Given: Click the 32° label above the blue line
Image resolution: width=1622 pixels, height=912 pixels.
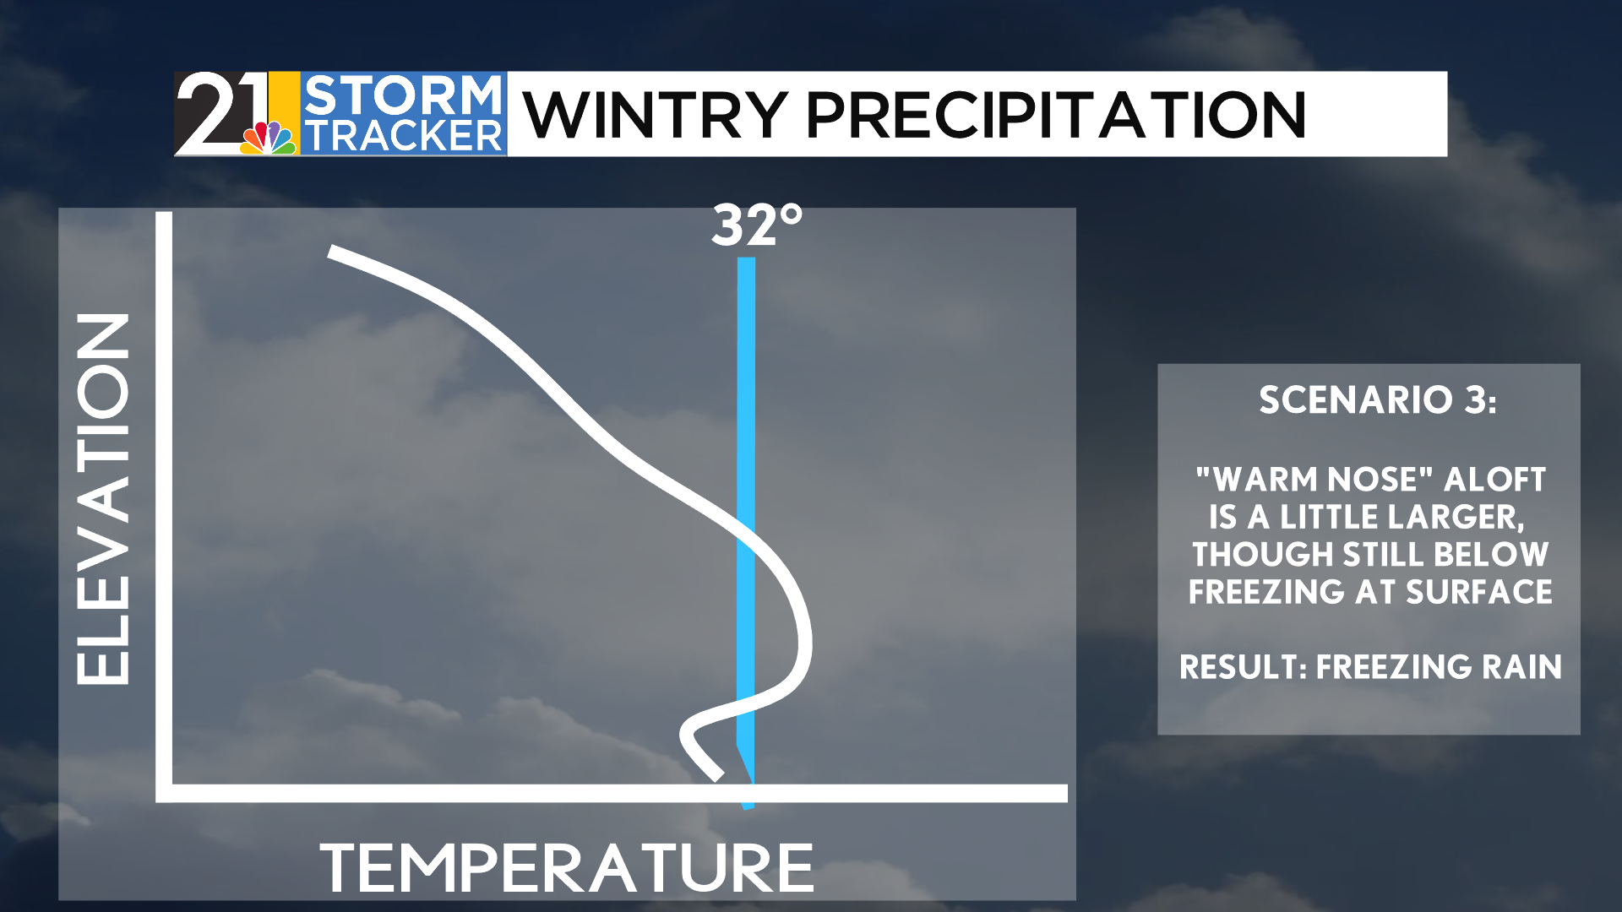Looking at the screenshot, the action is [757, 225].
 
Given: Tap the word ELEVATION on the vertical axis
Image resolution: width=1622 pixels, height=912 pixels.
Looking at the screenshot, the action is [103, 498].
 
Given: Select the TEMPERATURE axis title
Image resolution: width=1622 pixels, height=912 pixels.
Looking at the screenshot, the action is [567, 867].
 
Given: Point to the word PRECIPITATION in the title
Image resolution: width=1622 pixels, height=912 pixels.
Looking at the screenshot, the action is [1057, 115].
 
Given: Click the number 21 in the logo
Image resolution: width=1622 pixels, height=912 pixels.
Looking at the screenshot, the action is [221, 113].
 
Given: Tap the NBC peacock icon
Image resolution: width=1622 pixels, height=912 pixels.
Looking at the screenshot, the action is [269, 138].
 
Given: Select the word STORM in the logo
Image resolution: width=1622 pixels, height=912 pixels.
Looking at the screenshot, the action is [403, 95].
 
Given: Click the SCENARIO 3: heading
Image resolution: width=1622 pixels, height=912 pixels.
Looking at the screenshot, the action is [1378, 400].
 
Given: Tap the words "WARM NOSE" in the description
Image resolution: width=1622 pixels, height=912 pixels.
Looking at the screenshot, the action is [1314, 480].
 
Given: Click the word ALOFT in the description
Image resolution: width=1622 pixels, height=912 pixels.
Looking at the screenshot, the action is [1494, 480].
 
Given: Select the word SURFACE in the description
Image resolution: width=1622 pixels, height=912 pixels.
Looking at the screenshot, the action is [1478, 592].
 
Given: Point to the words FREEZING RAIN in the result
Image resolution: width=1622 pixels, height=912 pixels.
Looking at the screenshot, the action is [1439, 667].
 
